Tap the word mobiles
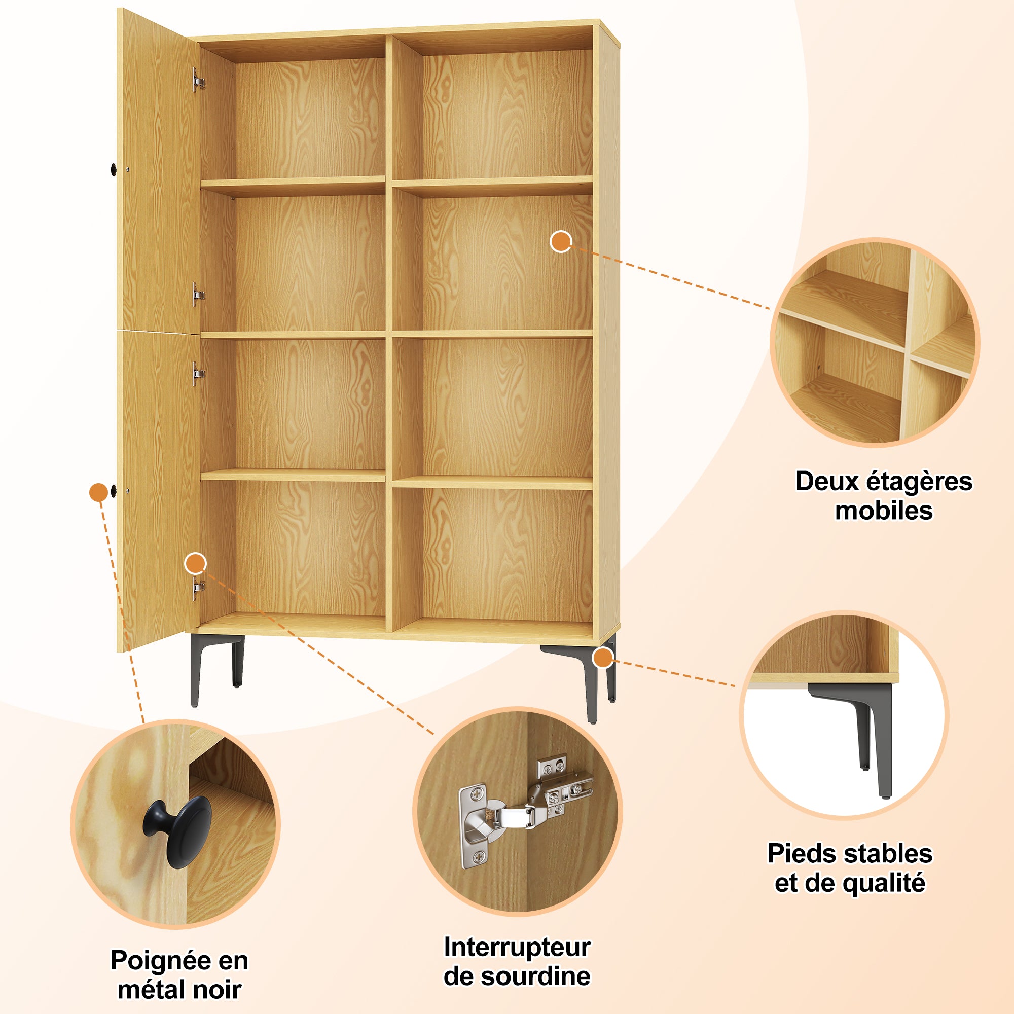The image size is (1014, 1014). point(884,511)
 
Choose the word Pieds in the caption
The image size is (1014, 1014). point(800,853)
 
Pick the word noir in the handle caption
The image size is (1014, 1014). point(218,990)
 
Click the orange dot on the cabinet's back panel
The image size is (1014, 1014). point(561,241)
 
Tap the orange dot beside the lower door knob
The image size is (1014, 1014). point(98,492)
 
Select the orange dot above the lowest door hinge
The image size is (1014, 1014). point(196,564)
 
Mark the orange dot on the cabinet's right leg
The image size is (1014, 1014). point(603,658)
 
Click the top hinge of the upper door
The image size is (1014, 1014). point(198,80)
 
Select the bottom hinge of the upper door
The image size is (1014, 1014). point(198,295)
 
